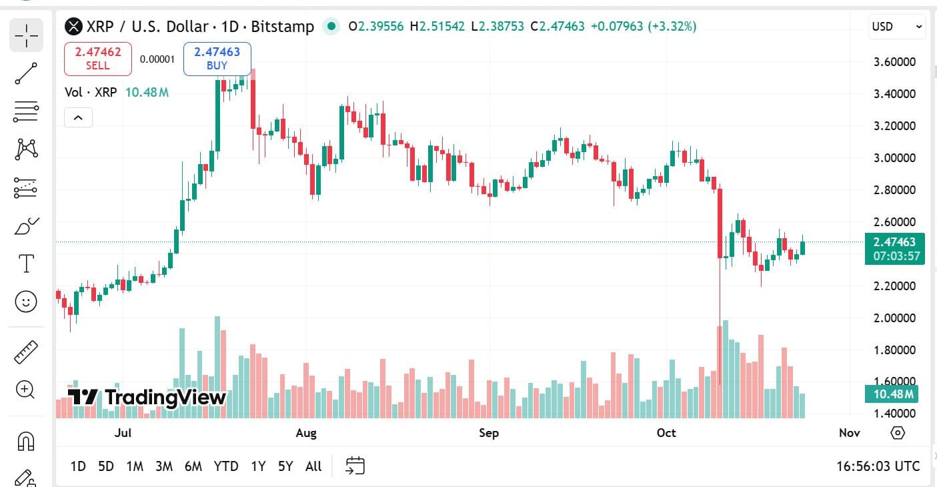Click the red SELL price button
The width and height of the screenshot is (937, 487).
point(98,58)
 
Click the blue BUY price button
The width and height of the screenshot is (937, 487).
point(217,58)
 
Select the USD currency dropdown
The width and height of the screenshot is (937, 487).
point(897,27)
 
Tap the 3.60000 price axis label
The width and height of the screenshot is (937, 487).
point(894,62)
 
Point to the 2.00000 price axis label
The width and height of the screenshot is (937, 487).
point(894,318)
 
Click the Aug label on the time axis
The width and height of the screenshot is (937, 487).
point(306,433)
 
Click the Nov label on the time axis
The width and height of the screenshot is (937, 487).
point(849,433)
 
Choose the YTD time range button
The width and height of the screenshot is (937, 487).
point(226,466)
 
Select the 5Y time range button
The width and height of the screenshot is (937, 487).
point(285,466)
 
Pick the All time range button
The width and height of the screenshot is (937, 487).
point(313,466)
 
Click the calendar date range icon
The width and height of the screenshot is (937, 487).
point(355,466)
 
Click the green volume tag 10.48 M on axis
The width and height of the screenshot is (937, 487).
point(894,394)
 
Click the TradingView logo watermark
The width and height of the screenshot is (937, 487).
point(147,398)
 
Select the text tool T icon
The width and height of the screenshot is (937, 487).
point(26,264)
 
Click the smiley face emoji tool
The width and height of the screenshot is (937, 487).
point(26,302)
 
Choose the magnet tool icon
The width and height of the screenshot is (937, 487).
point(26,441)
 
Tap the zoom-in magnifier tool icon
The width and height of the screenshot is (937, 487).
point(26,390)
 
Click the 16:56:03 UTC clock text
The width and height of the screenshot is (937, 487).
point(878,466)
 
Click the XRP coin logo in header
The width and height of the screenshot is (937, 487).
point(73,27)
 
